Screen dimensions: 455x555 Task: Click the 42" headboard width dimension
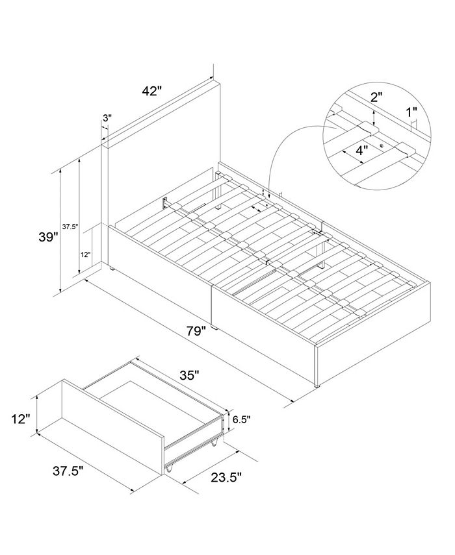tap(151, 91)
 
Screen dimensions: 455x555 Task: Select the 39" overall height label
tap(48, 237)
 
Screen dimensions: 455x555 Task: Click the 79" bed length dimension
tap(196, 332)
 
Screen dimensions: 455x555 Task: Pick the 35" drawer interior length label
tap(188, 375)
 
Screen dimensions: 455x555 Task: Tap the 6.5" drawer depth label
tap(242, 419)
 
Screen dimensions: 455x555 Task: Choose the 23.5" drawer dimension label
tap(226, 477)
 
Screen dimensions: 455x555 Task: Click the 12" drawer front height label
tap(19, 419)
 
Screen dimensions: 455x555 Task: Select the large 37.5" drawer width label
tap(68, 471)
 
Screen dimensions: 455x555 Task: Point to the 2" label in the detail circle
tap(377, 97)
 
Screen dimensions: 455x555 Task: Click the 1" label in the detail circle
tap(411, 112)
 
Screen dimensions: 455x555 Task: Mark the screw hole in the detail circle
tap(382, 145)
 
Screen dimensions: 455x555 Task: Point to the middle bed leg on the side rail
tap(214, 327)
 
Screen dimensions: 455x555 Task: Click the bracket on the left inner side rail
tap(165, 203)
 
